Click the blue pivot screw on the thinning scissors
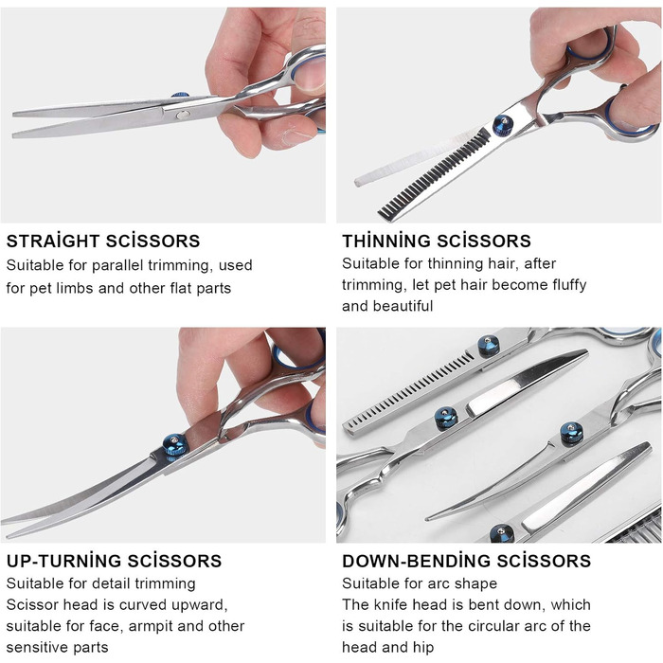click(x=503, y=125)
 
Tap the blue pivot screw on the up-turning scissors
click(x=175, y=445)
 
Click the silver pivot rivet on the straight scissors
click(x=183, y=115)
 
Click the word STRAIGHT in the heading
click(x=53, y=241)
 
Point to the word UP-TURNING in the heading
click(x=64, y=561)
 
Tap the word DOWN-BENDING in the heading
click(x=416, y=561)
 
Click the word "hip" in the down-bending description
click(x=424, y=647)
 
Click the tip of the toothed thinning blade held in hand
click(x=384, y=214)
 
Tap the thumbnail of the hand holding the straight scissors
click(x=311, y=75)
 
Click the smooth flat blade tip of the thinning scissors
click(x=359, y=181)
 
